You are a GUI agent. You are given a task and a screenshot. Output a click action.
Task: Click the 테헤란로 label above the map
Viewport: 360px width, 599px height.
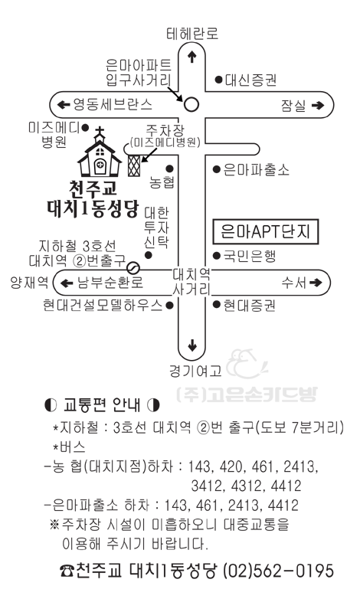pyautogui.click(x=192, y=33)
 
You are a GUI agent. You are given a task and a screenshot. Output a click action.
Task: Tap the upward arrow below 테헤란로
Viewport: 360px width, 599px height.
pyautogui.click(x=191, y=57)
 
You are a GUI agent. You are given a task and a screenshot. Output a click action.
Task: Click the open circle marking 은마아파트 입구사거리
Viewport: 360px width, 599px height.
pyautogui.click(x=191, y=104)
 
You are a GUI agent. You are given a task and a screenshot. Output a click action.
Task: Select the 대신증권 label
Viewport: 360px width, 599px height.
pyautogui.click(x=250, y=80)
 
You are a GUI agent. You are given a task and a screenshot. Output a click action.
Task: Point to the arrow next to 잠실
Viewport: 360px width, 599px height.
pyautogui.click(x=318, y=105)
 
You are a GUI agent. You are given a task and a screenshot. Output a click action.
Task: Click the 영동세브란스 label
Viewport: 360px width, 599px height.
pyautogui.click(x=113, y=104)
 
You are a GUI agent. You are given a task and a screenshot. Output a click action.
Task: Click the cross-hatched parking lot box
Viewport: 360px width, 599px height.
pyautogui.click(x=134, y=165)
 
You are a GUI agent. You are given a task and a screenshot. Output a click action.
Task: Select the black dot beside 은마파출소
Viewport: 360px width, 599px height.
pyautogui.click(x=217, y=169)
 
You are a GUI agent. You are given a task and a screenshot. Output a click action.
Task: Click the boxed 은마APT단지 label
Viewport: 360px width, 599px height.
pyautogui.click(x=266, y=232)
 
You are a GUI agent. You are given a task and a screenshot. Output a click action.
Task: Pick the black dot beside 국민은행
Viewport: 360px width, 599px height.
pyautogui.click(x=217, y=256)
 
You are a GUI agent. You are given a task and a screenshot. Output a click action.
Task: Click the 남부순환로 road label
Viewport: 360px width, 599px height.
pyautogui.click(x=110, y=283)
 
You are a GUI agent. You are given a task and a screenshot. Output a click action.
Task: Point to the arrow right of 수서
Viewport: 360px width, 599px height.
pyautogui.click(x=316, y=283)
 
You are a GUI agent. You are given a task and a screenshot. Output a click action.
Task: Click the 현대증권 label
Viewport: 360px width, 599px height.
pyautogui.click(x=249, y=305)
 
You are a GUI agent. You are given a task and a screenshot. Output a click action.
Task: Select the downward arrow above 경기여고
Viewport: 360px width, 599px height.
pyautogui.click(x=191, y=345)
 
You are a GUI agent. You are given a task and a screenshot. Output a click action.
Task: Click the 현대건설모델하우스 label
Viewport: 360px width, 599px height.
pyautogui.click(x=103, y=305)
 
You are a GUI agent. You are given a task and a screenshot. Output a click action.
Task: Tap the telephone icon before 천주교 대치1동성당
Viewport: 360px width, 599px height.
pyautogui.click(x=67, y=571)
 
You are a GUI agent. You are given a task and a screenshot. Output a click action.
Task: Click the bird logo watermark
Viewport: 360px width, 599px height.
pyautogui.click(x=247, y=363)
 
